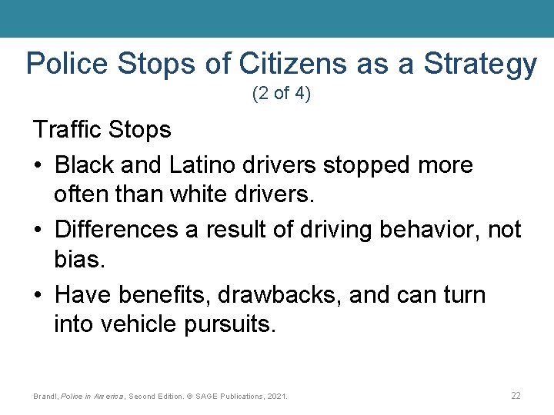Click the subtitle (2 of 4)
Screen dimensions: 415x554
click(x=281, y=95)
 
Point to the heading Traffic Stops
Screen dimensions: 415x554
click(x=102, y=129)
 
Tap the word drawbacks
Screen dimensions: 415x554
click(x=279, y=294)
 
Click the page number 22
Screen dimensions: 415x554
click(x=516, y=395)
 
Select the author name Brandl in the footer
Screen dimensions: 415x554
click(x=46, y=397)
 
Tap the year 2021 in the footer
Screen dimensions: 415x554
click(x=275, y=397)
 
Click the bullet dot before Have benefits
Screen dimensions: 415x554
click(x=38, y=295)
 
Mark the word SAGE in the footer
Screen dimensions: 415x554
click(x=206, y=397)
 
